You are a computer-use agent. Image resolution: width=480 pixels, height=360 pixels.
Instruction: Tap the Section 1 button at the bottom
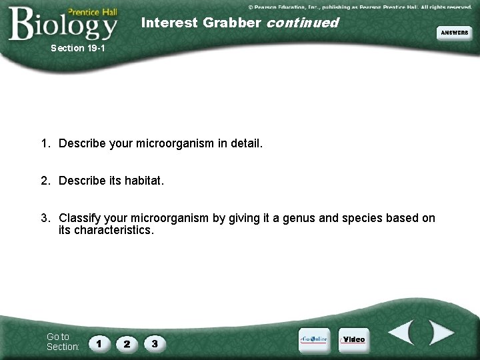[99, 344]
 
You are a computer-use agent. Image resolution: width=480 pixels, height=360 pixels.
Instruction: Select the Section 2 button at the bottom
[127, 344]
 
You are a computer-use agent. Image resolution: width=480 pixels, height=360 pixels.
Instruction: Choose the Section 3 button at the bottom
[155, 344]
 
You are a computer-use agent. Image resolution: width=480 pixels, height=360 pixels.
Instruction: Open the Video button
[353, 339]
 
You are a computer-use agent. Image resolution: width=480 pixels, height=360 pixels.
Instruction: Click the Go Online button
[313, 339]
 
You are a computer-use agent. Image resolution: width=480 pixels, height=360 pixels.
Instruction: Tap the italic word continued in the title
[303, 23]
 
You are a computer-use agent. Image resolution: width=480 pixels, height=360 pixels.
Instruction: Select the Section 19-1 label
[77, 48]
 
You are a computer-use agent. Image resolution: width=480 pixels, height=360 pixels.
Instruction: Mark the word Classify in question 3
[81, 218]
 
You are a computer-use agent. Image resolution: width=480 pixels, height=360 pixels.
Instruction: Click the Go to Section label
[63, 341]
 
